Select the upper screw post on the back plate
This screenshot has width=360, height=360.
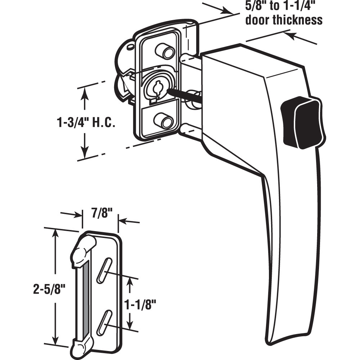coord(165,51)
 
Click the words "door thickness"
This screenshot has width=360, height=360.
coord(284,20)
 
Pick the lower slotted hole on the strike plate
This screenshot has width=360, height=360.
coord(103,321)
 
